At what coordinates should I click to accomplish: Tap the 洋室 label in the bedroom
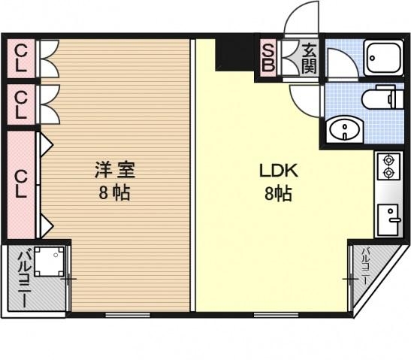point(114,169)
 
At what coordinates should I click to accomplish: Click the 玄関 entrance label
point(309,57)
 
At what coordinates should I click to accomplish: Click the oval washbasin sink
point(346,131)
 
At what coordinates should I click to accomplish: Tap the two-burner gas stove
point(388,165)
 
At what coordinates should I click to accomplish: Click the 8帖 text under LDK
point(279,194)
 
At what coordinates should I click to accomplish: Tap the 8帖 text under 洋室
point(114,192)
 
